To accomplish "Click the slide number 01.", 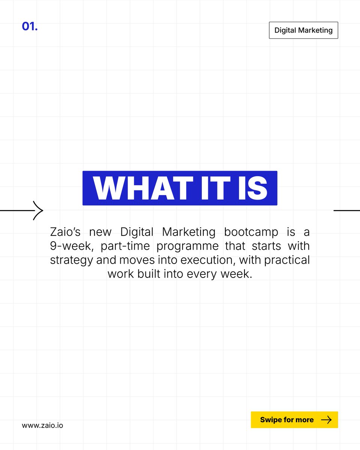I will [30, 27].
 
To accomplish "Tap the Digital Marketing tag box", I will [303, 30].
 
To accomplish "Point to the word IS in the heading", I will [250, 188].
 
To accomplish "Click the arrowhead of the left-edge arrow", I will [39, 211].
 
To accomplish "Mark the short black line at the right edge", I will [346, 211].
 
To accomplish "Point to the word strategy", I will [71, 260].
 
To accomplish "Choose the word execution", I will [208, 260].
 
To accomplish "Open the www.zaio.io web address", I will [42, 426].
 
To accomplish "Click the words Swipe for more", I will [287, 420].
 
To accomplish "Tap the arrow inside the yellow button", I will [326, 420].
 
